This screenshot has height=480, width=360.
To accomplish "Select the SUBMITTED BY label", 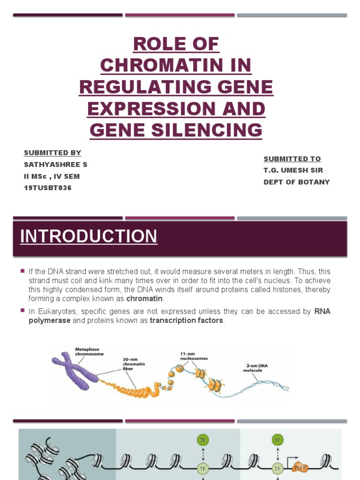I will click(x=52, y=153).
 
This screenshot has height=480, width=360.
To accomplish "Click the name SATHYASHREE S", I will click(x=55, y=165).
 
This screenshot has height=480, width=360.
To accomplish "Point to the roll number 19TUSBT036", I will click(x=48, y=188).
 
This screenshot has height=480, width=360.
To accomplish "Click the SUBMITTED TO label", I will click(x=292, y=158).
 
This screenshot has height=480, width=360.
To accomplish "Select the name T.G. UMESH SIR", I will click(x=293, y=170).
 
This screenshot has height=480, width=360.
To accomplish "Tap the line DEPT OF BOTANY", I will click(x=297, y=182).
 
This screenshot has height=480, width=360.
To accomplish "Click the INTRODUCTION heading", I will click(x=89, y=236).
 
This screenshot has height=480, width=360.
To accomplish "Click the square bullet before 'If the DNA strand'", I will click(x=22, y=271).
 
